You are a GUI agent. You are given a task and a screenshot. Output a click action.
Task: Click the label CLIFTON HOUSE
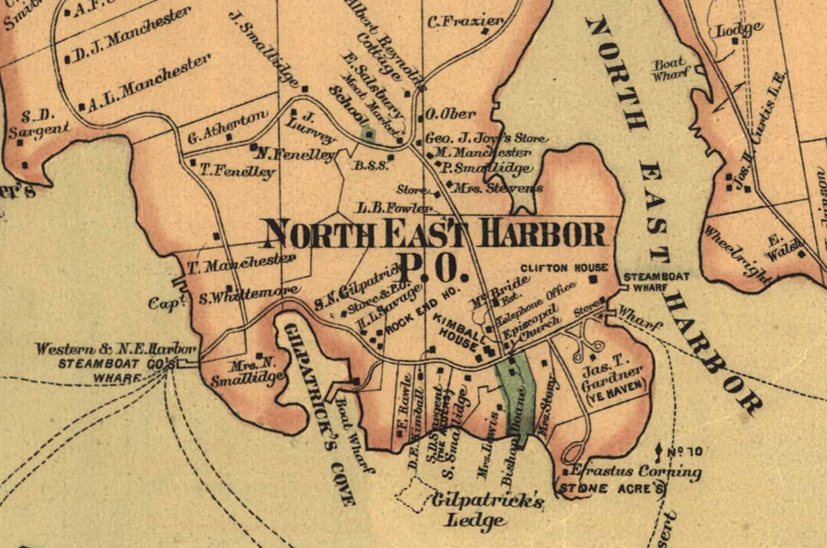pyautogui.click(x=564, y=267)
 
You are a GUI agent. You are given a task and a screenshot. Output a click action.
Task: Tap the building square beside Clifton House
pyautogui.click(x=593, y=279)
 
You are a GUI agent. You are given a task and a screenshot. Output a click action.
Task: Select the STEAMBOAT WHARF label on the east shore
pyautogui.click(x=656, y=282)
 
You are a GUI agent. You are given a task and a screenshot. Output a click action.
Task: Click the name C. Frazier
pyautogui.click(x=465, y=22)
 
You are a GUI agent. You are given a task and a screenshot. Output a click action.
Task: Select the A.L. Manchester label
pyautogui.click(x=148, y=83)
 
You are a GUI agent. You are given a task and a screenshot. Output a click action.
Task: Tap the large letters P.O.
pyautogui.click(x=432, y=266)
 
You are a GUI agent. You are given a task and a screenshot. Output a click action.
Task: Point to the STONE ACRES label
pyautogui.click(x=611, y=488)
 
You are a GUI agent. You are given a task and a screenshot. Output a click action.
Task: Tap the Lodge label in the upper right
pyautogui.click(x=740, y=29)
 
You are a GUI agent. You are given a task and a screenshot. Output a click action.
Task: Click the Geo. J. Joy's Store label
pyautogui.click(x=486, y=138)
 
